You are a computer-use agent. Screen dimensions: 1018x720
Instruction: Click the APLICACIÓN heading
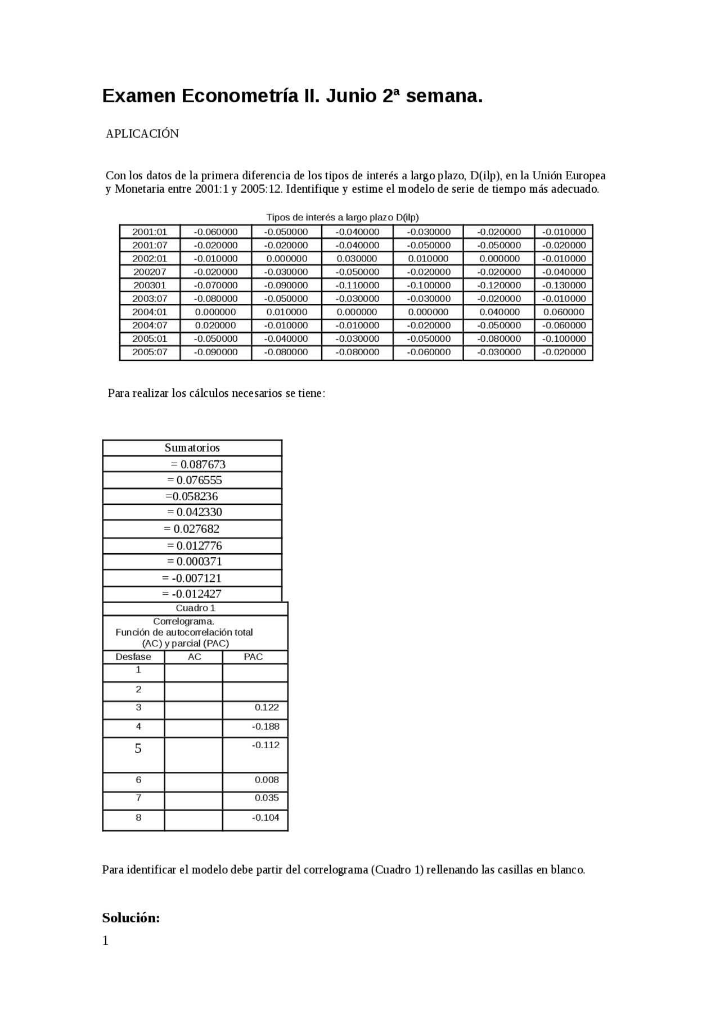pos(142,134)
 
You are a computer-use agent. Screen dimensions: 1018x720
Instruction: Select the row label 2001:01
pos(150,232)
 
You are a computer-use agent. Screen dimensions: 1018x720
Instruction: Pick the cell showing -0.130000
pos(564,285)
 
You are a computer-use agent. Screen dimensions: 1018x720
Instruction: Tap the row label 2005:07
pos(150,352)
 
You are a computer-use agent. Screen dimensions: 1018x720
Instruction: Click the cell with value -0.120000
pos(499,285)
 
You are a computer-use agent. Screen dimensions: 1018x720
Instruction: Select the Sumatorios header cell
pos(192,448)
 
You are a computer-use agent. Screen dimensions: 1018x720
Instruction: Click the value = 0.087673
pos(198,464)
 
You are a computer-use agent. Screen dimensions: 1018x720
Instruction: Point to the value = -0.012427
pos(192,594)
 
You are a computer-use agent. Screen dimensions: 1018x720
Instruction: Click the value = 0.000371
pos(195,562)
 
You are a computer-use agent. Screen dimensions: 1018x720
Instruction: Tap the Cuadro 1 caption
pos(195,608)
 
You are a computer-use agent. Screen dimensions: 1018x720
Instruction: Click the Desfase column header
pos(133,657)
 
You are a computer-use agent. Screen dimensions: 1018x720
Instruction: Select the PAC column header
pos(253,657)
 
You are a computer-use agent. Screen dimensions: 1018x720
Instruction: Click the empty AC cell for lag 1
pos(193,673)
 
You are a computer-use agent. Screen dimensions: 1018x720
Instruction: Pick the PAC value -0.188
pos(265,727)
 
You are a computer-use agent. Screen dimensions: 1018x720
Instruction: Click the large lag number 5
pos(138,749)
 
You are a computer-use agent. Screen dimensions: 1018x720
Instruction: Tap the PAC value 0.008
pos(267,780)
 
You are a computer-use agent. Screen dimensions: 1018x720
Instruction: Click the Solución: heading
pos(131,919)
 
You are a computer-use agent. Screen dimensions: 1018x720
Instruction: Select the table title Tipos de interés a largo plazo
pos(342,218)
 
